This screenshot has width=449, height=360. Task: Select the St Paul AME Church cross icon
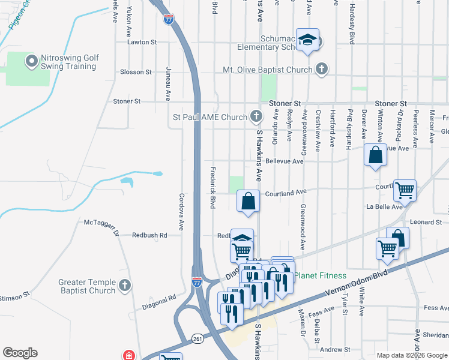256,116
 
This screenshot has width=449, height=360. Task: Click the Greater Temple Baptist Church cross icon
125,286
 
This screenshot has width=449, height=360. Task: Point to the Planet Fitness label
320,276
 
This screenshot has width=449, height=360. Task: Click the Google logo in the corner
20,353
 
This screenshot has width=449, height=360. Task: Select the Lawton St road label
141,43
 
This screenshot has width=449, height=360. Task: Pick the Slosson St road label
136,72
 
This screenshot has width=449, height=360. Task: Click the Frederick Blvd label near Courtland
212,188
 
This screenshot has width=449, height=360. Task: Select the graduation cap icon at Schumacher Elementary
308,40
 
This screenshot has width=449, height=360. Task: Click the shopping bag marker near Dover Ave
375,155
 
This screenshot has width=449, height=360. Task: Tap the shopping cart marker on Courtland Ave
405,191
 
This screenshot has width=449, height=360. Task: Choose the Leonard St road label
426,222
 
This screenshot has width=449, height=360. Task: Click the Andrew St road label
335,349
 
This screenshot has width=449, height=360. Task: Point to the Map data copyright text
411,355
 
